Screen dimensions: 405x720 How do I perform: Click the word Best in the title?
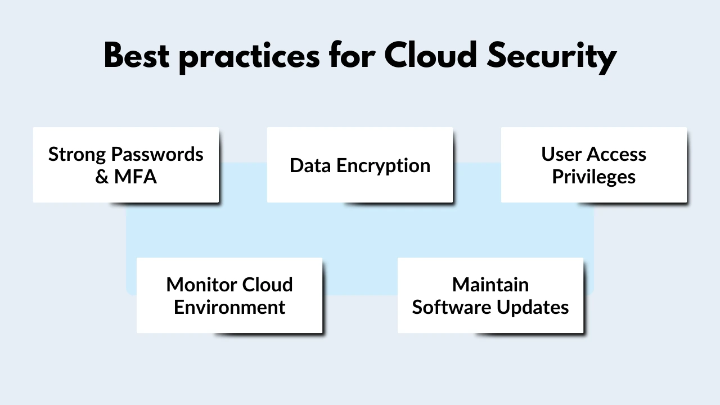tap(136, 56)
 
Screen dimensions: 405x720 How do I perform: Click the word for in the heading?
tap(353, 56)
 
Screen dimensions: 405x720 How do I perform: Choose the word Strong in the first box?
tap(77, 155)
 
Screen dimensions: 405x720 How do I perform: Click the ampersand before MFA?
tap(102, 177)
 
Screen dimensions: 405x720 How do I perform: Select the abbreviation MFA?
tap(135, 177)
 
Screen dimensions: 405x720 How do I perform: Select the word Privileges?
tap(593, 177)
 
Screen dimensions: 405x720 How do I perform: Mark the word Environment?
tap(229, 308)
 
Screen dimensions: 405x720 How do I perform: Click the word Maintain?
tap(490, 285)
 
